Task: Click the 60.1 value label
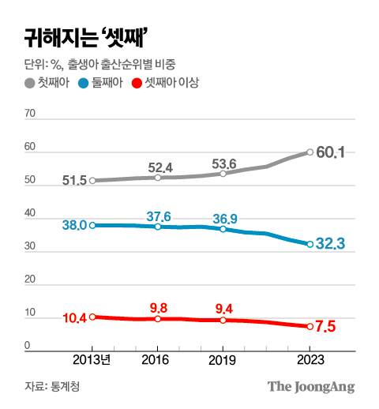[x=332, y=152]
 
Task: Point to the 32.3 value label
[x=332, y=245]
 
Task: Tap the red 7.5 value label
[x=326, y=326]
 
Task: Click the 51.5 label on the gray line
[x=74, y=181]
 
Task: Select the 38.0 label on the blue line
[x=74, y=225]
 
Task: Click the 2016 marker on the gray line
[x=158, y=178]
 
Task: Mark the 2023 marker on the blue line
[x=310, y=244]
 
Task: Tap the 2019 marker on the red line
[x=223, y=320]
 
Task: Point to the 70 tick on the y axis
[x=32, y=114]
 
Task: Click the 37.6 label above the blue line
[x=159, y=216]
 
